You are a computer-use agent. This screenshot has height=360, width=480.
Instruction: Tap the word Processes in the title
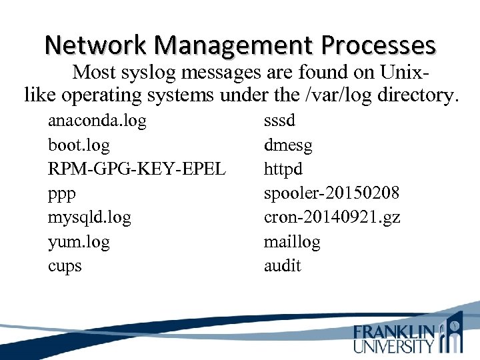(x=378, y=45)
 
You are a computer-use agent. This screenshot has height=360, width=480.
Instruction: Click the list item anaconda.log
(x=97, y=121)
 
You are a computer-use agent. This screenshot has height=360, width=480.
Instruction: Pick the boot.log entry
(x=79, y=145)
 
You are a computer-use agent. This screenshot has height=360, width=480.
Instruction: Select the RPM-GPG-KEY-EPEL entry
(x=137, y=169)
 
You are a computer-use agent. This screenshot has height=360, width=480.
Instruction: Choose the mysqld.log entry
(x=89, y=217)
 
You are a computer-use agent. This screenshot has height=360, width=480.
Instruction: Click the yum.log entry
(x=79, y=241)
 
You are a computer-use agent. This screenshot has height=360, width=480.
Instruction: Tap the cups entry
(x=65, y=266)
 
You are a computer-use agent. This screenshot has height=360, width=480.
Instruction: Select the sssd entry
(x=279, y=121)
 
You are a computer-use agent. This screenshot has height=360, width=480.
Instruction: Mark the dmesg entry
(x=288, y=145)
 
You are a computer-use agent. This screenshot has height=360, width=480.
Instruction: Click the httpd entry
(x=283, y=169)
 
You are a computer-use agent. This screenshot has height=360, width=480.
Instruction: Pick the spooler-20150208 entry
(x=332, y=193)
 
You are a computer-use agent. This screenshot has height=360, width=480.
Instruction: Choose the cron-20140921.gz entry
(x=332, y=217)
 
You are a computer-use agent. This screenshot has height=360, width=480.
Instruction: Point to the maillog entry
(x=292, y=241)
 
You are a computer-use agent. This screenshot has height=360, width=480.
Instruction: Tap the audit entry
(x=283, y=265)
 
